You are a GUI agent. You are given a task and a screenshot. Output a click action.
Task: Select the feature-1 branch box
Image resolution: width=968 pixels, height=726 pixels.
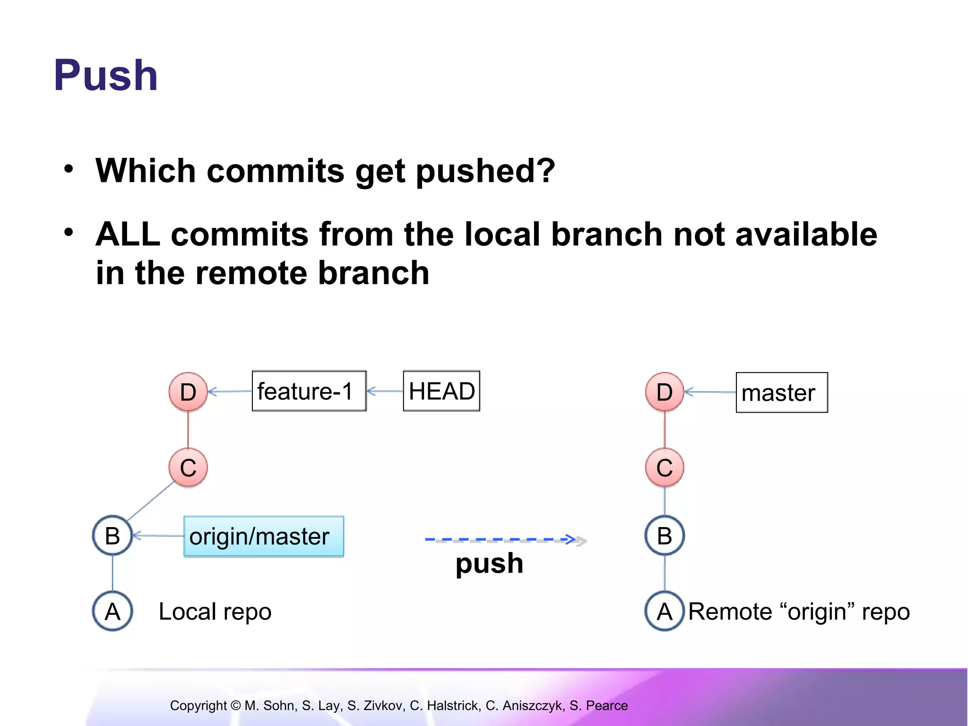tap(309, 391)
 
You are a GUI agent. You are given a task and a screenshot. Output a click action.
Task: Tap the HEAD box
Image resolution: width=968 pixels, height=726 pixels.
tap(441, 391)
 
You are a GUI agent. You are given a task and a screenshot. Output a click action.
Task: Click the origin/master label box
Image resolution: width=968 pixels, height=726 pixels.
tap(263, 536)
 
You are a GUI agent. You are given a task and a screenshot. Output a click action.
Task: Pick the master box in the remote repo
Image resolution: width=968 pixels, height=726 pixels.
tap(781, 392)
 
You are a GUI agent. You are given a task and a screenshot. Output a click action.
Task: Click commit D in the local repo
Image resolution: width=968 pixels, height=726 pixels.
tap(188, 391)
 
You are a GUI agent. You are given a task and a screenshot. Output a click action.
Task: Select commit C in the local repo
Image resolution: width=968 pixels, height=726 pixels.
tap(188, 467)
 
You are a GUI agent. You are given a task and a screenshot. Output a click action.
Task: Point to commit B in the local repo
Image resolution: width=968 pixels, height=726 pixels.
tap(112, 536)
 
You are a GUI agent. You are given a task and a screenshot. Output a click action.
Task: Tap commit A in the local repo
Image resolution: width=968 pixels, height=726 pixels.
tap(112, 611)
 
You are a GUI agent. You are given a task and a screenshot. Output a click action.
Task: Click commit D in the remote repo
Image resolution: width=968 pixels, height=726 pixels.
tap(665, 391)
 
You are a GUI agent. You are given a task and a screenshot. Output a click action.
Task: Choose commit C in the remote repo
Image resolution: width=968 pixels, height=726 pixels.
tap(665, 467)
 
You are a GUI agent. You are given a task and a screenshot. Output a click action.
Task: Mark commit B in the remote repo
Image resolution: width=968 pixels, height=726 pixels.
tap(665, 536)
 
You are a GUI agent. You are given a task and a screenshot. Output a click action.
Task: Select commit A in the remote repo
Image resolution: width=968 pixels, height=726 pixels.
tap(665, 611)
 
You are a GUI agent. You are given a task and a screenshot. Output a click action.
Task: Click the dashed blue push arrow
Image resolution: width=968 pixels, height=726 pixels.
tap(501, 539)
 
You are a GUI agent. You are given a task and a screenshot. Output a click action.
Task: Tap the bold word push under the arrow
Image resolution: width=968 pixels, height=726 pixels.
tap(489, 563)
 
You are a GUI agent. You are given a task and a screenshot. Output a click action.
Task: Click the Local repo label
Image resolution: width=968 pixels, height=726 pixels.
tap(215, 612)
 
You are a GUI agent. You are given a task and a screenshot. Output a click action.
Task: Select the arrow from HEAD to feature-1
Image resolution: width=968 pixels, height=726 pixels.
tap(385, 391)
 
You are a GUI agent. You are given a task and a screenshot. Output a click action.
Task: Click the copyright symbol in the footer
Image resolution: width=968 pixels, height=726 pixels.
tap(235, 706)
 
